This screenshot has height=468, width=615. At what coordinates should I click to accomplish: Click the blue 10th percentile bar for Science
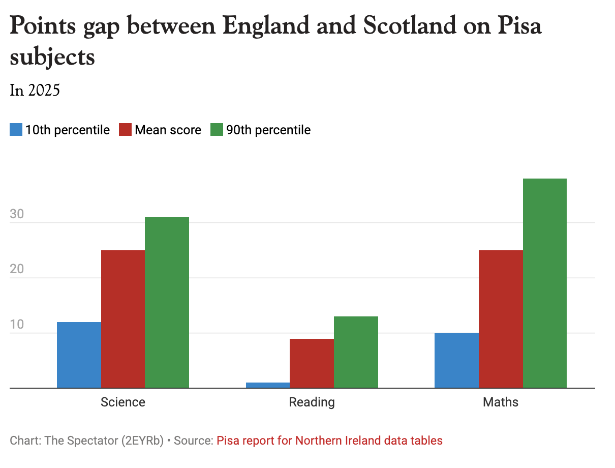[79, 355]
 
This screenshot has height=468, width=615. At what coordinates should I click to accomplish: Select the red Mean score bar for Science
[122, 319]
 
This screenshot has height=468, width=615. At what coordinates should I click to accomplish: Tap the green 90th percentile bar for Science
[167, 303]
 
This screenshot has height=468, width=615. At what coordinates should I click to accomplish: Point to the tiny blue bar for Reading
[267, 385]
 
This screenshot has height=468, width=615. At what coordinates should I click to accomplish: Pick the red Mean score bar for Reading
[312, 363]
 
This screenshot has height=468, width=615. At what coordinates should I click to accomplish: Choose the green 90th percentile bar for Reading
[356, 352]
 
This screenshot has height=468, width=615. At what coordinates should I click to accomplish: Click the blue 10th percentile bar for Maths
[456, 360]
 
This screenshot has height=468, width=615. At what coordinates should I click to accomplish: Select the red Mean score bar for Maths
[501, 319]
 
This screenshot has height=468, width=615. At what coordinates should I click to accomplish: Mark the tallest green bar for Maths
[544, 283]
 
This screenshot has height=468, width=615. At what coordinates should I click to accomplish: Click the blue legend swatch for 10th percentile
[16, 130]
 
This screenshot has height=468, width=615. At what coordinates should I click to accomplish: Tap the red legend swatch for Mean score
[125, 130]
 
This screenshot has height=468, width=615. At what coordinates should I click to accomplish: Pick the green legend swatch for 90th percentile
[217, 130]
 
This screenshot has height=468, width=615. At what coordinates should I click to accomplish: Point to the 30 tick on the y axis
[17, 214]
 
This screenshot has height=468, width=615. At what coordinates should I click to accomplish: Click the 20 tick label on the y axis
[17, 269]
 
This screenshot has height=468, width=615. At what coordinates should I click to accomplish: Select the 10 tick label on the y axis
[17, 325]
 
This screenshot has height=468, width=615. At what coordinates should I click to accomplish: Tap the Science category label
[123, 402]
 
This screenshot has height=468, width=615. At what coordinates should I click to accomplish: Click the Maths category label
[501, 402]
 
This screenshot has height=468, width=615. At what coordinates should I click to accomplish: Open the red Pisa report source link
[329, 441]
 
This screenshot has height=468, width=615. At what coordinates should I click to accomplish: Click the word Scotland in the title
[409, 25]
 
